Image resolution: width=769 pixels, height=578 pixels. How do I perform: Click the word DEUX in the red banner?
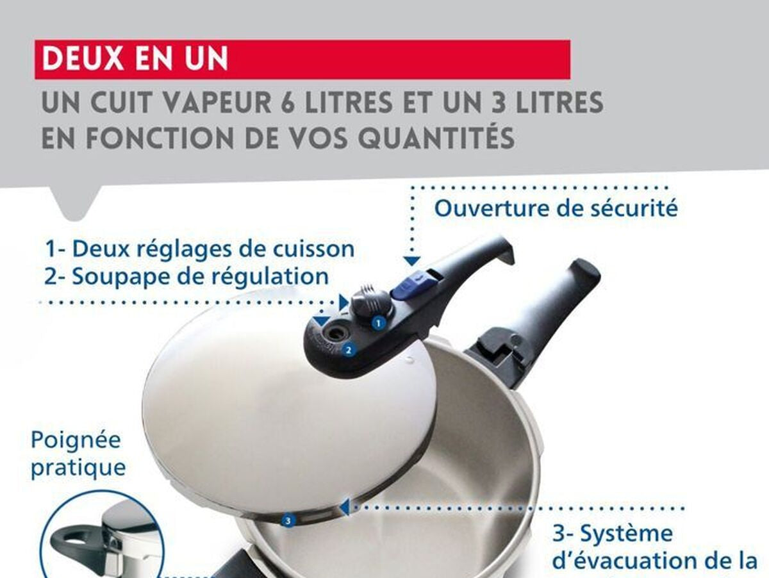point(83,58)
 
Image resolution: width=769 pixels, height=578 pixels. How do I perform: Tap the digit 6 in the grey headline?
point(287,103)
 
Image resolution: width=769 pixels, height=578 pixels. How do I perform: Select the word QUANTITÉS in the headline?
point(436,137)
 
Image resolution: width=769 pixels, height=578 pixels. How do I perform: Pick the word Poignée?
point(76,440)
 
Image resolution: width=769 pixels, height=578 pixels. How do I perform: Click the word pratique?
point(78,468)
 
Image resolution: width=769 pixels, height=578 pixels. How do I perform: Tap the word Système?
point(627,534)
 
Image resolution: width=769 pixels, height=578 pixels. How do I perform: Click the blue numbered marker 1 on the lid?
point(378,324)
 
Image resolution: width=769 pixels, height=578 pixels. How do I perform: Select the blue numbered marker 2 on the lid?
point(349,350)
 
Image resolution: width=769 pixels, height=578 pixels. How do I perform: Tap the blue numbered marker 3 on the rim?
point(288,521)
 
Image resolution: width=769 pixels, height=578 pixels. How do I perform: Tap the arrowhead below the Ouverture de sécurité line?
point(412,261)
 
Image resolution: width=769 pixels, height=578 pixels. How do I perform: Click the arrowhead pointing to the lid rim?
point(345,508)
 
